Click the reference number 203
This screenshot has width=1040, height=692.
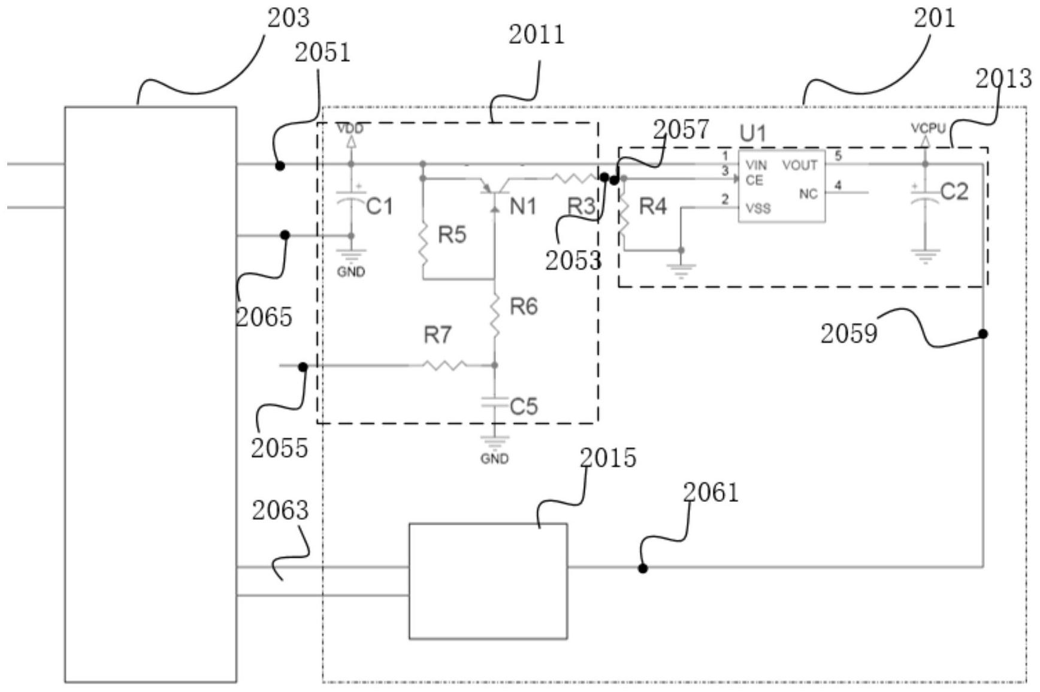pos(288,18)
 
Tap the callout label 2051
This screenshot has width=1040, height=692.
pos(322,53)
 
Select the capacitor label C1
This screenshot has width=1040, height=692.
pos(380,206)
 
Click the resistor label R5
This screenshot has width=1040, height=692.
pos(452,234)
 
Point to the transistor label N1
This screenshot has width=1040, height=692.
pos(523,207)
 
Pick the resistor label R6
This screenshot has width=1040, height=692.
pos(524,306)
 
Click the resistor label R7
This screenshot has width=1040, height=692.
pos(438,335)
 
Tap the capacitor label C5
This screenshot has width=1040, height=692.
pos(524,407)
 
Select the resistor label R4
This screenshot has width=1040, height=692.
pos(652,206)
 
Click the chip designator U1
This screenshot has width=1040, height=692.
pos(753,133)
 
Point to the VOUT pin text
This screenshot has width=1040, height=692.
pos(800,165)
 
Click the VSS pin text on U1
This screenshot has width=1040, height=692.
pos(758,209)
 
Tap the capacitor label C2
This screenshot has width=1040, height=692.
pos(954,192)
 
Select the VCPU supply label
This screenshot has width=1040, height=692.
pos(928,128)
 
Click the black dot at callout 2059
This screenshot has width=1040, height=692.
pos(983,333)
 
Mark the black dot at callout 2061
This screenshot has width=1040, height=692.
pos(643,568)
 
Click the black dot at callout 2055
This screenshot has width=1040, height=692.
pos(303,367)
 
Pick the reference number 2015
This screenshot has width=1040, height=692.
pos(607,458)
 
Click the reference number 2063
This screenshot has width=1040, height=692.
pos(280,510)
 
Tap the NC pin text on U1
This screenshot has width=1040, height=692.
pos(808,194)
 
